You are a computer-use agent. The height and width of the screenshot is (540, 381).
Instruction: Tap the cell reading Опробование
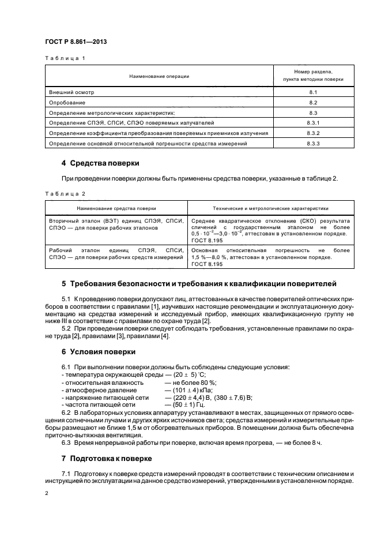68,102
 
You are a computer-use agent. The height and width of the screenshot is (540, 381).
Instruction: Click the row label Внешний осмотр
71,92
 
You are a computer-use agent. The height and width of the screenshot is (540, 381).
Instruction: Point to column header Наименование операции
159,76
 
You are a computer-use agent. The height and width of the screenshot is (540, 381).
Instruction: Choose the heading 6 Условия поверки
99,351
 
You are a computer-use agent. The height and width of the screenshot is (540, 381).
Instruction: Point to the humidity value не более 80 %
191,382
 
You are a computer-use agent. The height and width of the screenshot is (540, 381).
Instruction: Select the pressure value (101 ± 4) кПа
185,390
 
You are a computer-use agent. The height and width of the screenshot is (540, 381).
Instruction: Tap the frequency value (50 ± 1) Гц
183,405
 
